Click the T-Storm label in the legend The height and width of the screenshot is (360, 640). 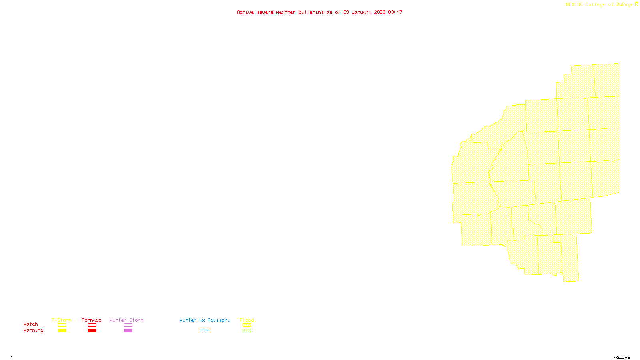[x=62, y=320]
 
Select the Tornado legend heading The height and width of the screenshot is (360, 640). [x=92, y=320]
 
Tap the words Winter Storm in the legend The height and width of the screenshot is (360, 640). [x=126, y=320]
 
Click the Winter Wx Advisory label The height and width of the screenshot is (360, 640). [x=205, y=320]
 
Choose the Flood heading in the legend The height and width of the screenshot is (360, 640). [x=247, y=320]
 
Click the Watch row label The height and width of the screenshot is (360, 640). [x=31, y=324]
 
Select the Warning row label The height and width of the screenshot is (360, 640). [x=33, y=330]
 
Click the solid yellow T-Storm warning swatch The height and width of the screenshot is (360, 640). [x=62, y=331]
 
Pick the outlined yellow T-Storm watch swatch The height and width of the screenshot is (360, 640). [x=62, y=325]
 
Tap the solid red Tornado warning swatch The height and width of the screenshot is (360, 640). [x=92, y=331]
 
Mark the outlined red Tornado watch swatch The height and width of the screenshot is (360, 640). [x=92, y=325]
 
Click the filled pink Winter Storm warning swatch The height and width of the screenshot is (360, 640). [x=128, y=331]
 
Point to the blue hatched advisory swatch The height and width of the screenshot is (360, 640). [x=204, y=331]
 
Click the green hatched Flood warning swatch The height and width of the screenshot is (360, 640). [x=247, y=331]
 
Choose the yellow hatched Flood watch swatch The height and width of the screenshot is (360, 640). [x=247, y=325]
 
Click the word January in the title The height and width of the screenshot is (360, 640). [x=362, y=12]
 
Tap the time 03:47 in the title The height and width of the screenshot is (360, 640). [x=395, y=12]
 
